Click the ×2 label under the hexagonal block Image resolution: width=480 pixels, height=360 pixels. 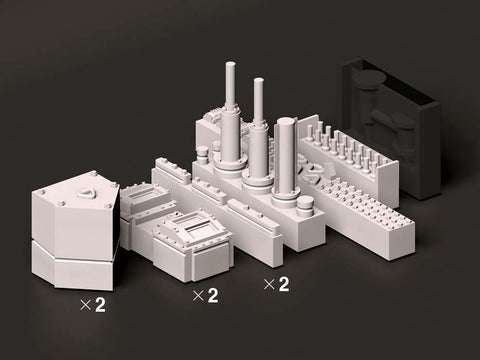tap(93, 305)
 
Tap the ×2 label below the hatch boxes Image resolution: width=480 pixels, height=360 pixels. tap(206, 295)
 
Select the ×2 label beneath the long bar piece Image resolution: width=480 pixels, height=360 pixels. tap(276, 284)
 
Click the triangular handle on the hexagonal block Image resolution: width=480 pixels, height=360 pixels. tap(86, 192)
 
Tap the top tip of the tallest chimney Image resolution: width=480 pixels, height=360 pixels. tap(230, 63)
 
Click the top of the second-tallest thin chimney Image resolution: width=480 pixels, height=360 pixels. tap(259, 80)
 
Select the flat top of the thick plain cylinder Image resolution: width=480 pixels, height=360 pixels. tap(287, 122)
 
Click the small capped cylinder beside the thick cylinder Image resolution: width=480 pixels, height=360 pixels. tap(305, 206)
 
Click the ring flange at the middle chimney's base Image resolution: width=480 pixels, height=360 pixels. tap(257, 182)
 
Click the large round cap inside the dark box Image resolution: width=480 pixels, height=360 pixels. tap(371, 79)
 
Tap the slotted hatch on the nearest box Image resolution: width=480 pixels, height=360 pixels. tap(193, 227)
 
